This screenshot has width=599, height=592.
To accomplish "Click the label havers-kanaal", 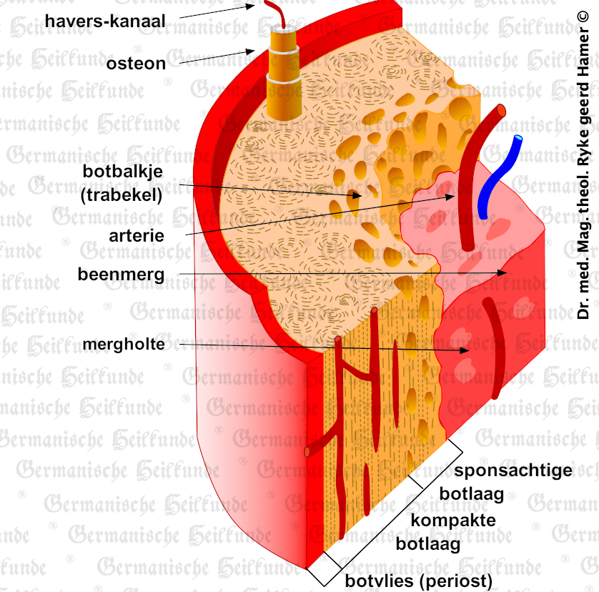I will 105,21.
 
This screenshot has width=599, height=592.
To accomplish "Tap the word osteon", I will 136,64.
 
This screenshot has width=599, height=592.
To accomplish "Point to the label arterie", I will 137,235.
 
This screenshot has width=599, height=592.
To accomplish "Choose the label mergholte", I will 124,345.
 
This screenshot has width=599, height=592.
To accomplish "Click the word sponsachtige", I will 513,470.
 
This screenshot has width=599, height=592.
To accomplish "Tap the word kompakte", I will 453,520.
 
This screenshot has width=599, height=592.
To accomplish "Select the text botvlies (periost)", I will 419,581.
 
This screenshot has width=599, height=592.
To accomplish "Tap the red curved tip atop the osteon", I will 276,11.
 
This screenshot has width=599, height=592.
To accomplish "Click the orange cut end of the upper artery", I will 501,111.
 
